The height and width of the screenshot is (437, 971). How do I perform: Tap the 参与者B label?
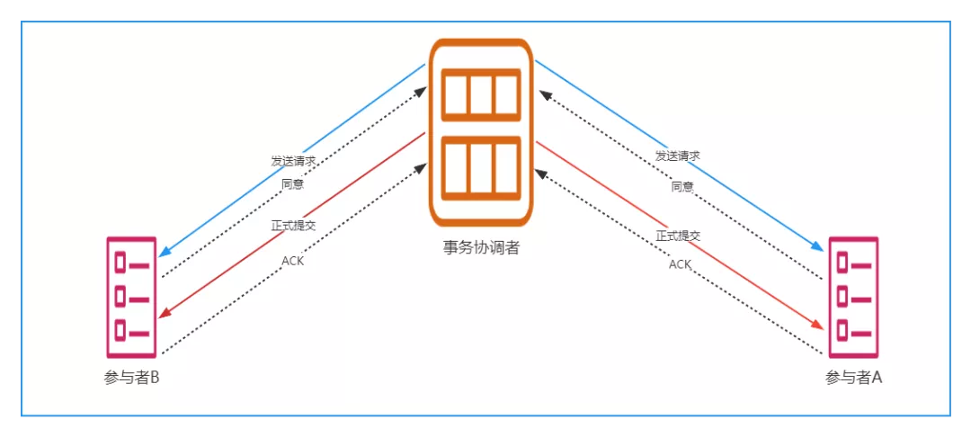pyautogui.click(x=131, y=378)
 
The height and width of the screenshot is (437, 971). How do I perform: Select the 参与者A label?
pyautogui.click(x=853, y=378)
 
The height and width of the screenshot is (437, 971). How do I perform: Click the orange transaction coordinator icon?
pyautogui.click(x=481, y=132)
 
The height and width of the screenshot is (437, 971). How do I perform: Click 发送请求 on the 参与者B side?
pyautogui.click(x=293, y=161)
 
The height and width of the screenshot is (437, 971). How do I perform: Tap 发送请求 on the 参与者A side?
pyautogui.click(x=678, y=156)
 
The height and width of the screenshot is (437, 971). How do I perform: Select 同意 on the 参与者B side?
pyautogui.click(x=292, y=184)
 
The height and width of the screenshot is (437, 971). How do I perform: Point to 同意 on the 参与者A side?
pyautogui.click(x=682, y=187)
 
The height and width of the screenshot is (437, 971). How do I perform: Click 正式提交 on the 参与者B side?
pyautogui.click(x=293, y=225)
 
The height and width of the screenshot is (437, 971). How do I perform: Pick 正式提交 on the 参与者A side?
pyautogui.click(x=678, y=236)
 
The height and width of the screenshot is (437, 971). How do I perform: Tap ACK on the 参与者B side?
pyautogui.click(x=293, y=261)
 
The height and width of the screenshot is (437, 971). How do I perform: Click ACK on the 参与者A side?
pyautogui.click(x=681, y=264)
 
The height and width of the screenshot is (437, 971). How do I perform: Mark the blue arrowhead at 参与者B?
pyautogui.click(x=165, y=252)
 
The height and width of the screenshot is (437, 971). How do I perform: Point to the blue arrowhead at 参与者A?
pyautogui.click(x=818, y=247)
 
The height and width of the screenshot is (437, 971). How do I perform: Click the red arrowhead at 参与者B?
pyautogui.click(x=165, y=314)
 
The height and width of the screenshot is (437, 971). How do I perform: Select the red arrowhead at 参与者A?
pyautogui.click(x=818, y=325)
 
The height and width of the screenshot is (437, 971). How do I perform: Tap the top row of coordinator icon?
pyautogui.click(x=481, y=94)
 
